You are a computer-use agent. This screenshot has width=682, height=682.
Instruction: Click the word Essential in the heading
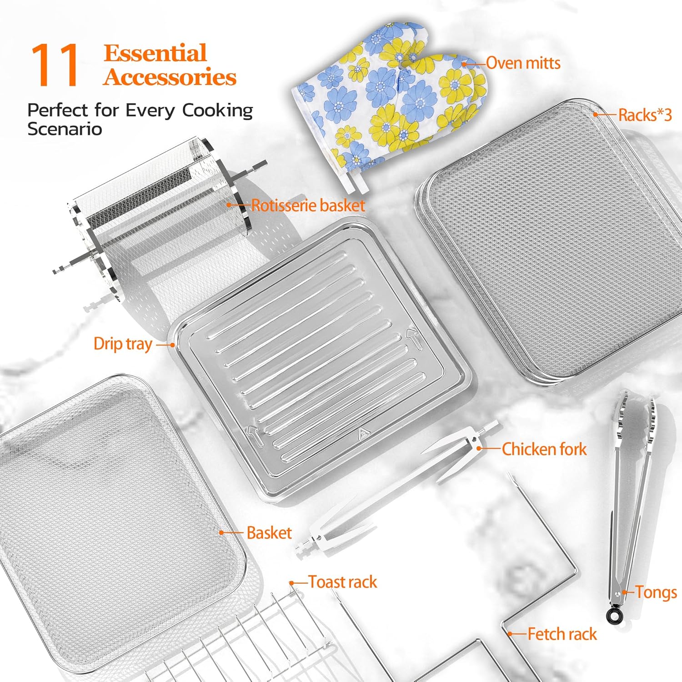point(155,54)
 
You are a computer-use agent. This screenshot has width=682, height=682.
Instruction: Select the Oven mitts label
point(523,63)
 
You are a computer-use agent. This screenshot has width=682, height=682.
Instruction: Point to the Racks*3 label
point(645,115)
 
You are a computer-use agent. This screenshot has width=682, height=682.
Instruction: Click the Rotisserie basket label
point(308,206)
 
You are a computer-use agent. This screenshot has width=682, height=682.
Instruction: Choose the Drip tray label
point(123,344)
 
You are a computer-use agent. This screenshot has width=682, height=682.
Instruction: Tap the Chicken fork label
point(544,449)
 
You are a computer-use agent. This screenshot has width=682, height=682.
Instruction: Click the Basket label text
point(269,533)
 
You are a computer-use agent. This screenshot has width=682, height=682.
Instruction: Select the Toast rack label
point(343,582)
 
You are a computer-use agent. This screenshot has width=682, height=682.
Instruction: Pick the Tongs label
point(656,592)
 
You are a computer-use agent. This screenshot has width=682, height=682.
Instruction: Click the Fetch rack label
point(562,634)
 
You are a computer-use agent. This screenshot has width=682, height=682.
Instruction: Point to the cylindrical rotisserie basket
point(159,218)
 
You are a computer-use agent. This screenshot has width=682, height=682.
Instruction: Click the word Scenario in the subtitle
point(65,129)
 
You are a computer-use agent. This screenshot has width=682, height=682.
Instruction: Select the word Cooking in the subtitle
point(217,110)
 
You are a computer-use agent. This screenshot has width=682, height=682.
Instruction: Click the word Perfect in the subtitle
point(57,110)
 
